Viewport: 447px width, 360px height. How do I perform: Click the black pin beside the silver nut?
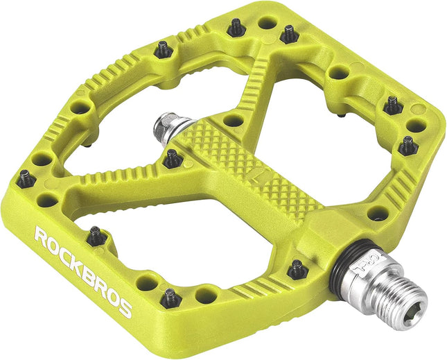coord(173,160)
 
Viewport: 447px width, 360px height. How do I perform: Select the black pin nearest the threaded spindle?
coord(298,269)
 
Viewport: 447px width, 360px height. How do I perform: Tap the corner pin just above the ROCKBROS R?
coord(26,179)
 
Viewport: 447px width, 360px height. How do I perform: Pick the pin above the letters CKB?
coord(96,237)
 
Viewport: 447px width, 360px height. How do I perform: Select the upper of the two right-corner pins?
coord(393,105)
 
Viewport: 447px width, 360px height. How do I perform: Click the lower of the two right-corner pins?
coord(407,146)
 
